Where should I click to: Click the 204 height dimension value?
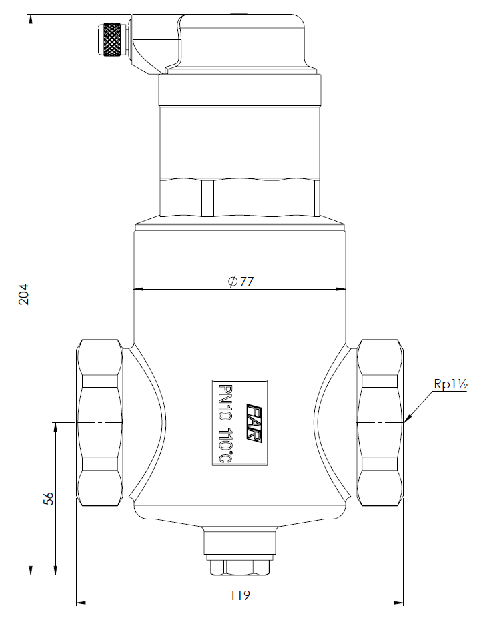point(24,294)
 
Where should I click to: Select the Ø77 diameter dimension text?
point(241,281)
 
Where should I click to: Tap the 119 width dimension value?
point(240,595)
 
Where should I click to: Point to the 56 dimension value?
point(49,499)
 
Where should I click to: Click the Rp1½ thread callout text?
point(450,384)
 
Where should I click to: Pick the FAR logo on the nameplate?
point(254,423)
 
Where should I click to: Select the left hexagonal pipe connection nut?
point(100,422)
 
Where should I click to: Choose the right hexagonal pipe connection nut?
point(380,422)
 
